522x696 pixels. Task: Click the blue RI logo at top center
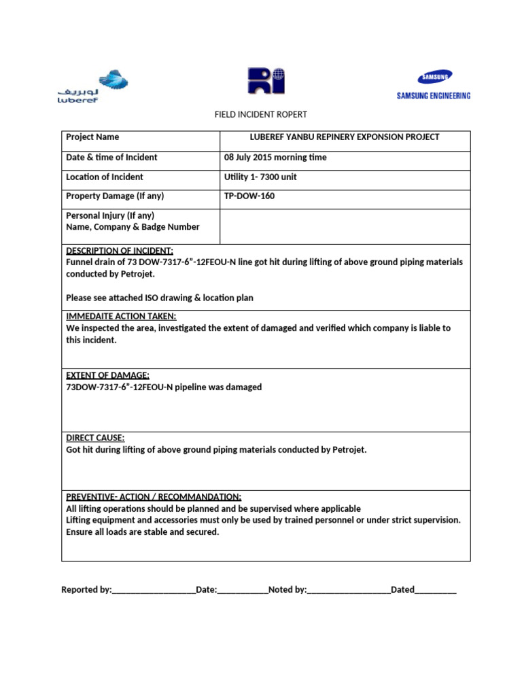coord(265,81)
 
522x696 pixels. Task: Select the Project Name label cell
coord(92,137)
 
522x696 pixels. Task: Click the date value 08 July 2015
coord(275,157)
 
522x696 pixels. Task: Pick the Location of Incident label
coord(105,177)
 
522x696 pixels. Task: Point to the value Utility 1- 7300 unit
coord(260,177)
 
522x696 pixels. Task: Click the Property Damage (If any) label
coord(115,196)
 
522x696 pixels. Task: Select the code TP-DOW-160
coord(249,196)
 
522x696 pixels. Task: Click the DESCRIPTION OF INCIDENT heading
coord(120,251)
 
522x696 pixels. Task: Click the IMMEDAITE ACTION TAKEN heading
coord(121,316)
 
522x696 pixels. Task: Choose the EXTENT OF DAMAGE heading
coord(107,375)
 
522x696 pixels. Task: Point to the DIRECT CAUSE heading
coord(95,438)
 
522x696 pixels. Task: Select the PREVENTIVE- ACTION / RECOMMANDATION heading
coord(153,496)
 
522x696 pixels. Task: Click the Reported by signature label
coord(86,589)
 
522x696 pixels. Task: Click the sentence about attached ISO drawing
coord(160,298)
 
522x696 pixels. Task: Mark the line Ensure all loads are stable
coord(143,532)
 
